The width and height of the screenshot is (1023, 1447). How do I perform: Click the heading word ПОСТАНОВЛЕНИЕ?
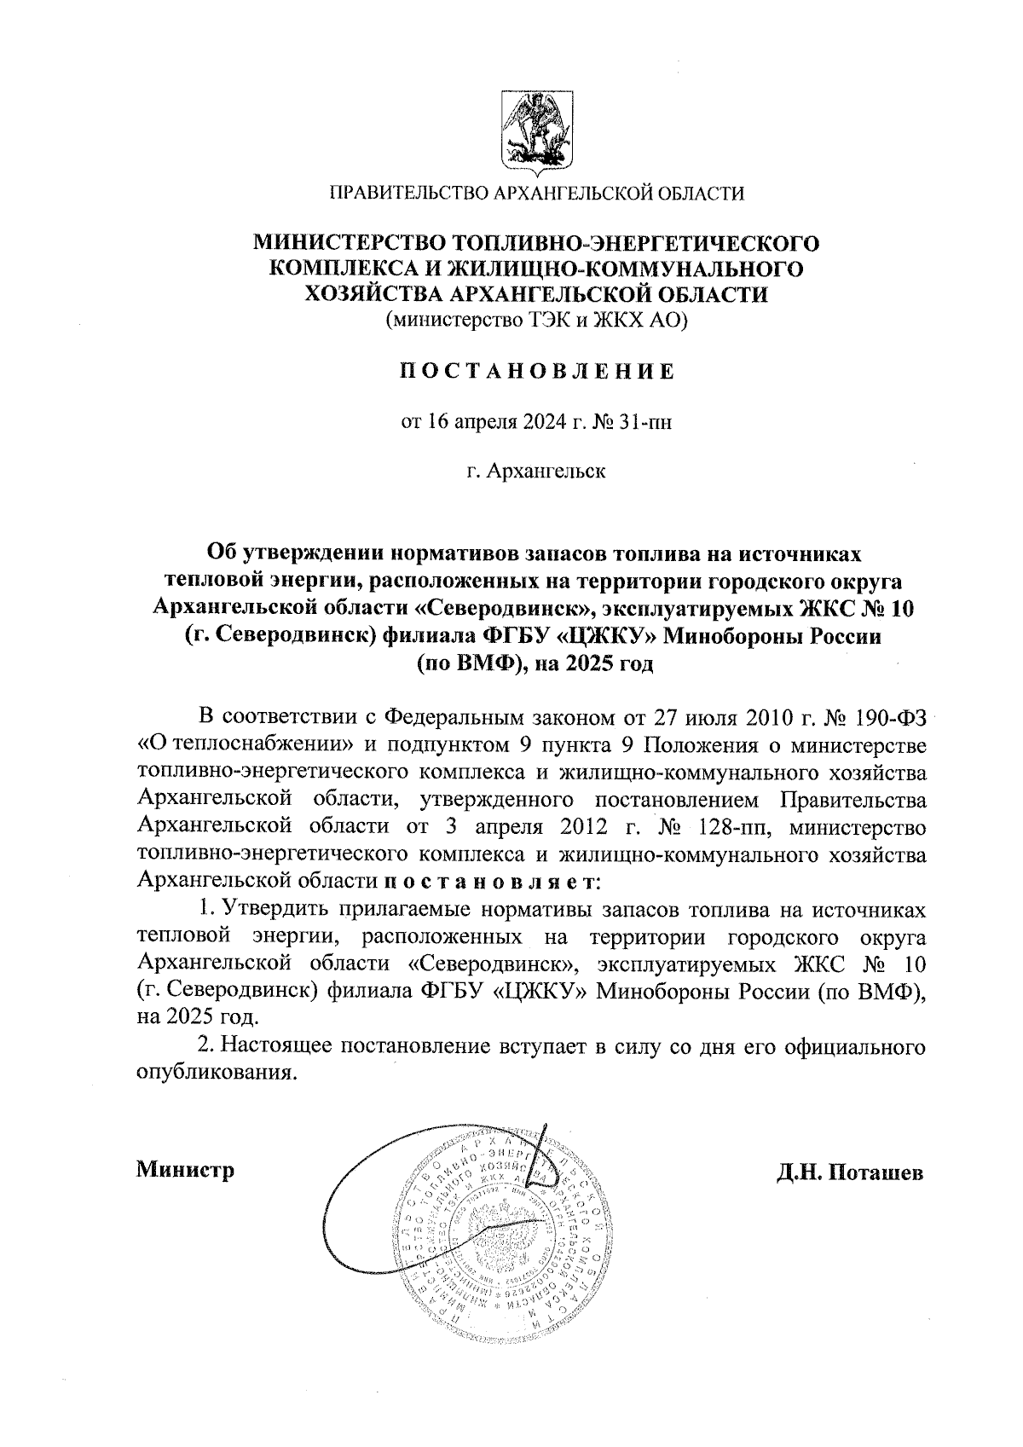click(536, 372)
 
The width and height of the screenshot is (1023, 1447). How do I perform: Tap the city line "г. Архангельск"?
click(536, 471)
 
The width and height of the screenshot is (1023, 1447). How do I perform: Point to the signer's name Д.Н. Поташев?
click(849, 1172)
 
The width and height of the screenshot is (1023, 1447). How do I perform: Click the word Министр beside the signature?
click(185, 1170)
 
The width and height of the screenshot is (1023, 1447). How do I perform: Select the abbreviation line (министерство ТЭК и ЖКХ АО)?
click(536, 321)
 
